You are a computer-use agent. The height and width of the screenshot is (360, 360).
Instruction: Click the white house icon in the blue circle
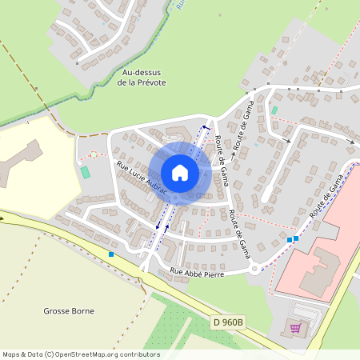(180, 172)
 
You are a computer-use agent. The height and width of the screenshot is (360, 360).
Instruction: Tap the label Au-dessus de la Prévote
(141, 77)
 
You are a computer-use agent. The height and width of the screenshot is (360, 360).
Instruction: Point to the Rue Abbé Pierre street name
(197, 272)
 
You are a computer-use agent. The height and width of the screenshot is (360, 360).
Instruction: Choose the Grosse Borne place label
(69, 310)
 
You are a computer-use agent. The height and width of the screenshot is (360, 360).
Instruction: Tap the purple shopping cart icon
(295, 327)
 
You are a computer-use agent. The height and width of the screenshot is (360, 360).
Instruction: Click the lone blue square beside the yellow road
(110, 254)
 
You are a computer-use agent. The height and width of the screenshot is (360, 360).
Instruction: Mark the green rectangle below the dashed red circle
(86, 172)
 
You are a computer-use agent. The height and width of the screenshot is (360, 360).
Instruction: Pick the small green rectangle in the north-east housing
(274, 110)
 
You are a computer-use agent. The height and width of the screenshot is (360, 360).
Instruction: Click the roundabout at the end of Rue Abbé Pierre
(254, 269)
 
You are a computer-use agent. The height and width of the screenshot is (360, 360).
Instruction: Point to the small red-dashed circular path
(93, 154)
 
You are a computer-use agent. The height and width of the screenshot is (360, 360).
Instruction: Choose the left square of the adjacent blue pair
(289, 239)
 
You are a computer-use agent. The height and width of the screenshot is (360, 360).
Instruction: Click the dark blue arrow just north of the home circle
(205, 127)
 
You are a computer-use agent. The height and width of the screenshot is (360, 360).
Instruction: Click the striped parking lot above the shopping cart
(308, 310)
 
